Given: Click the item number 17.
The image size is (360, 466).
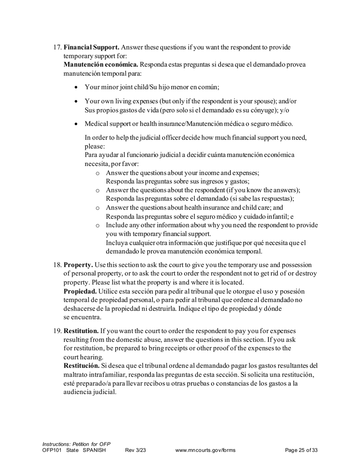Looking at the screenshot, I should [x=57, y=47].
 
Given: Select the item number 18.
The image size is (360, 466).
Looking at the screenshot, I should [x=57, y=265].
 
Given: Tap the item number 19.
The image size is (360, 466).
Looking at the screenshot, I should [x=57, y=331].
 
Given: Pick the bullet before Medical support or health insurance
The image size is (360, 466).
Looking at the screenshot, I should [x=77, y=124].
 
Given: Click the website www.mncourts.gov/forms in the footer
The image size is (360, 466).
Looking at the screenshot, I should [x=205, y=450].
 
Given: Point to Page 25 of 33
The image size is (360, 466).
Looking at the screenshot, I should [x=301, y=450].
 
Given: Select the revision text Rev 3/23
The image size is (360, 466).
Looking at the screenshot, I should [x=135, y=450].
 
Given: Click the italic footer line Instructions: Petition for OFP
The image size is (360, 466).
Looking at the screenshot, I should [x=76, y=444].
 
